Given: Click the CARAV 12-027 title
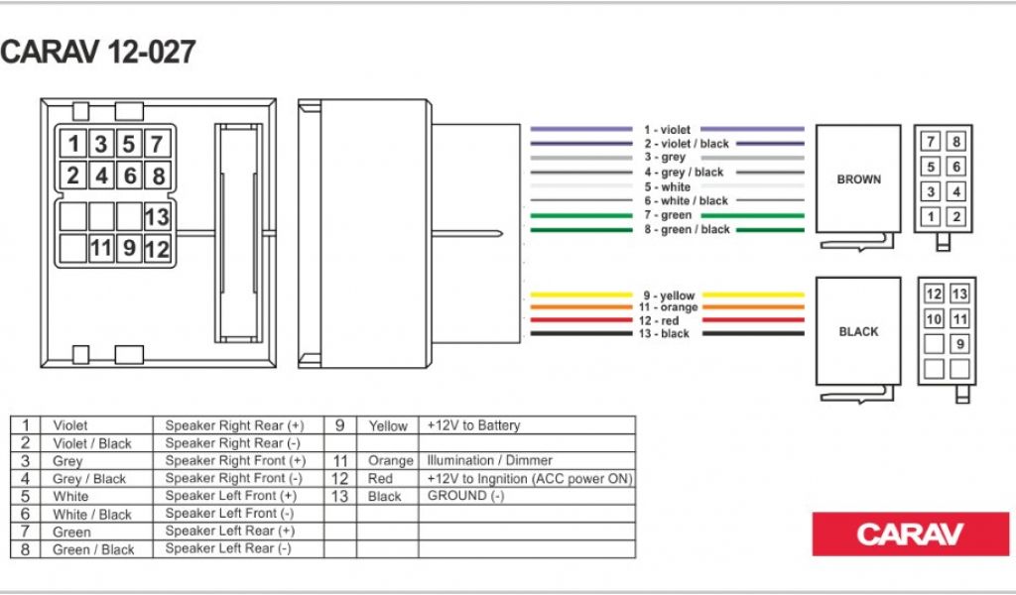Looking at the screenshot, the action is (x=98, y=53).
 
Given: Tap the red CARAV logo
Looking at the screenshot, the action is (x=911, y=535).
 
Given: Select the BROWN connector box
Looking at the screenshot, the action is (x=858, y=179).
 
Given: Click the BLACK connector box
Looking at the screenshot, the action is (x=858, y=331).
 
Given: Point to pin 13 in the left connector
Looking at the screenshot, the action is (x=158, y=217).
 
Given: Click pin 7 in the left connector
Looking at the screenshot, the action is (x=158, y=144).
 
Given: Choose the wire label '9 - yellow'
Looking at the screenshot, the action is (x=669, y=296).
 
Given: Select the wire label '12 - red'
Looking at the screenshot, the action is (x=659, y=320).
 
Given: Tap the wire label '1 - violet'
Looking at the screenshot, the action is (x=667, y=130).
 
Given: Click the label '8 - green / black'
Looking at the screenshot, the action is (x=687, y=229).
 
